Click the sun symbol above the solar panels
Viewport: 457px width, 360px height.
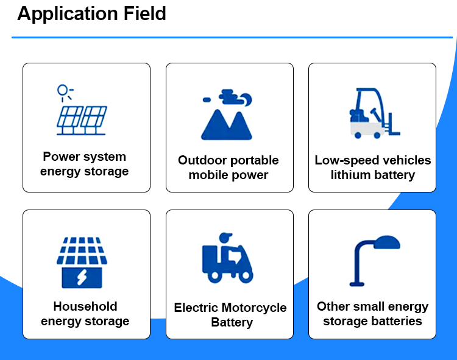(x=63, y=90)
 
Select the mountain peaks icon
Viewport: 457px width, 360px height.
(x=226, y=124)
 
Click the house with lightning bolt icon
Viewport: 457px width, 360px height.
(x=82, y=263)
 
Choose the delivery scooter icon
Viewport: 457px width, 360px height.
(x=227, y=259)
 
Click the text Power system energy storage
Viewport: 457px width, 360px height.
(x=85, y=164)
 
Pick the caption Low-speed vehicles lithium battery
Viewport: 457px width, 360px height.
(x=372, y=168)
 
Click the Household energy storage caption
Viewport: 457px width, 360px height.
(x=85, y=314)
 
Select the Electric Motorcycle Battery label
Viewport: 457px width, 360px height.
(x=230, y=315)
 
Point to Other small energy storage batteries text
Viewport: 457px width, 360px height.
(x=372, y=314)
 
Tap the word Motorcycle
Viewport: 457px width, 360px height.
(x=254, y=308)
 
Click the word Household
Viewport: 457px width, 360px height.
(x=85, y=306)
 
